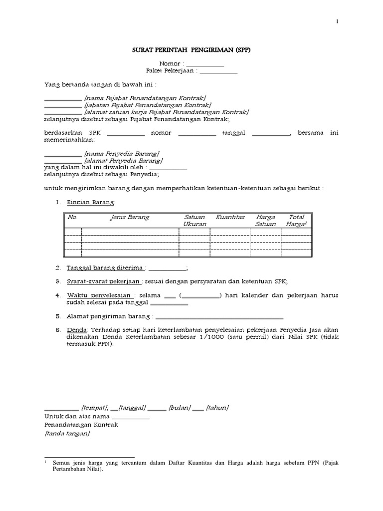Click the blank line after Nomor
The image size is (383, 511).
[x=204, y=65]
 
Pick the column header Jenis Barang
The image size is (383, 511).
[x=129, y=218]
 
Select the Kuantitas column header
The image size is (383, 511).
[x=230, y=218]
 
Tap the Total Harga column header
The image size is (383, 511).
[x=296, y=221]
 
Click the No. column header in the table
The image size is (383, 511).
[x=73, y=218]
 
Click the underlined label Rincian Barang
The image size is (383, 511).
[x=91, y=203]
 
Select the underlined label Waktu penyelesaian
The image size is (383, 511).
[x=102, y=295]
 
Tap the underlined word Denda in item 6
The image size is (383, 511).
[x=77, y=330]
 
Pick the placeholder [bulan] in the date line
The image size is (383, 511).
[x=180, y=408]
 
